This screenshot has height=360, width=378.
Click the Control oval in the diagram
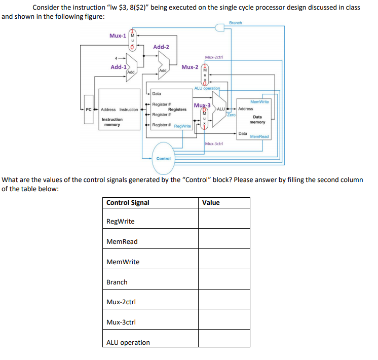click(163, 158)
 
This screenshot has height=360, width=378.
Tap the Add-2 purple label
click(161, 47)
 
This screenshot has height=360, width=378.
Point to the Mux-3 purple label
click(202, 105)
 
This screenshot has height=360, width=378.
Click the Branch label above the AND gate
click(236, 23)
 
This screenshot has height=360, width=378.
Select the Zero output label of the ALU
click(231, 115)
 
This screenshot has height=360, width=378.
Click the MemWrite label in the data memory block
click(260, 102)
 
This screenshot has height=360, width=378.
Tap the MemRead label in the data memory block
click(259, 136)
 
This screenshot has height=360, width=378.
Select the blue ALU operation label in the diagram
click(207, 88)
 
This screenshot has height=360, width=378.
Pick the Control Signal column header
click(128, 203)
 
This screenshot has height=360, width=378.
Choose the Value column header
click(211, 203)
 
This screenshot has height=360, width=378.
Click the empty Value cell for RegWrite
click(223, 222)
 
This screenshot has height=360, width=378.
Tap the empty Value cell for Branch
click(223, 282)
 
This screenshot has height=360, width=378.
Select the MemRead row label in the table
click(122, 242)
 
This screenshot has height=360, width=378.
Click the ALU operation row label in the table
click(128, 343)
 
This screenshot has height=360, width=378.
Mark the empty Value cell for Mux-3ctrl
click(223, 322)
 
